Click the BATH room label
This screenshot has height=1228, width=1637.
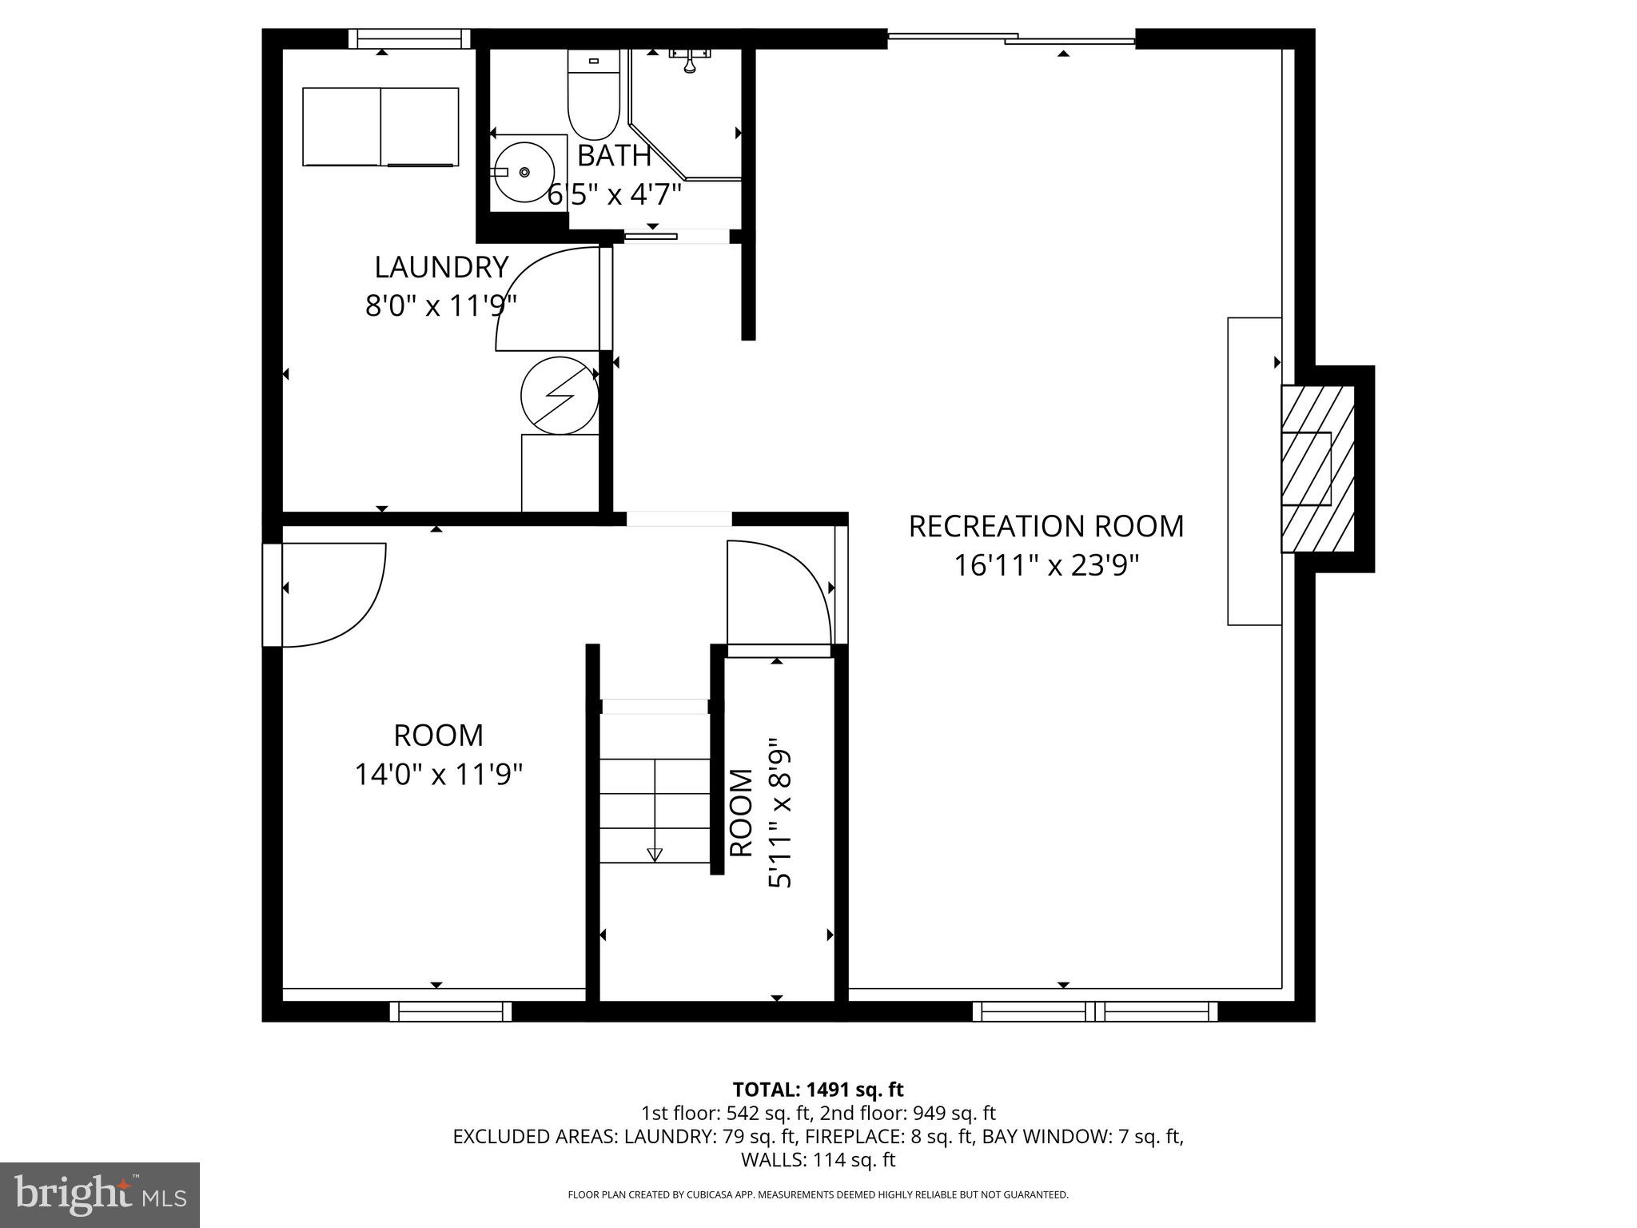[x=614, y=156]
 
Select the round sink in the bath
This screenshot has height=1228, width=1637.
[x=524, y=172]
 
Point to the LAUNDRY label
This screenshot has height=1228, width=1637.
[x=441, y=267]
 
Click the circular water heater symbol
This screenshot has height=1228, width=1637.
[x=560, y=395]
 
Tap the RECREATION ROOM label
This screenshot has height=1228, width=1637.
[x=1046, y=527]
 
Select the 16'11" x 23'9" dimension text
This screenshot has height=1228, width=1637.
[x=1046, y=566]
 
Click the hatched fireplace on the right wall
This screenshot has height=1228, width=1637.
[x=1317, y=468]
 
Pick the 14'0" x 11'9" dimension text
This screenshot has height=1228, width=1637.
[x=438, y=774]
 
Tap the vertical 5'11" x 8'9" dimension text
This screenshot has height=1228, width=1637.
[x=780, y=813]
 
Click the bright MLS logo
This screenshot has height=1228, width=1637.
[x=100, y=1194]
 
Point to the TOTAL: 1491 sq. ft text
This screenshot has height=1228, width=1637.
[x=818, y=1090]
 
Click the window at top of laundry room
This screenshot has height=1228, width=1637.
[x=408, y=38]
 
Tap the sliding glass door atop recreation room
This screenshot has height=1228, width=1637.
[x=1011, y=38]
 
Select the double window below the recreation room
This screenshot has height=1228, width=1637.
[x=1094, y=1011]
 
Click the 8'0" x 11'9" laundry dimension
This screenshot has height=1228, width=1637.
[x=441, y=305]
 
